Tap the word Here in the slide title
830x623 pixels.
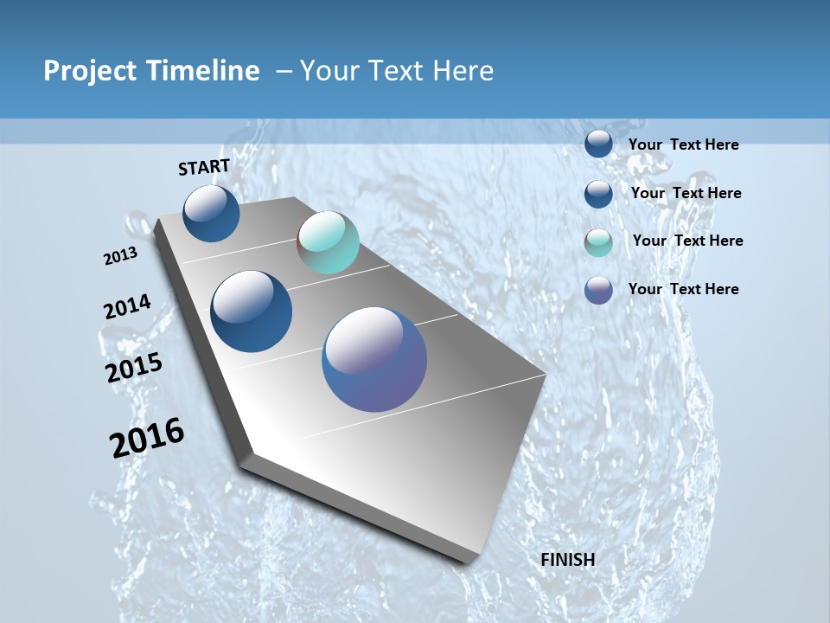point(463,71)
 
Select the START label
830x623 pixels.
point(204,167)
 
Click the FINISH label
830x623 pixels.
point(568,560)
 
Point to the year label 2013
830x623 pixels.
point(121,256)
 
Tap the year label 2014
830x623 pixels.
point(127,307)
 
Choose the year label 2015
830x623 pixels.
point(134,368)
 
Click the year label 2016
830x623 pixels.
point(147,438)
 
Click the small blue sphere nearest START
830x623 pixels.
point(211,214)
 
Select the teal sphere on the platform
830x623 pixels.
point(328,242)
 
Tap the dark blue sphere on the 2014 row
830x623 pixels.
point(252,311)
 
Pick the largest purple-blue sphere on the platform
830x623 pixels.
point(374,359)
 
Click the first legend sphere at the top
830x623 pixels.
point(598,144)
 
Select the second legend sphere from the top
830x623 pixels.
point(598,194)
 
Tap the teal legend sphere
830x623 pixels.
point(598,242)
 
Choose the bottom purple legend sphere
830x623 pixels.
point(598,290)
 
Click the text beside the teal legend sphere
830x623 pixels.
point(687,241)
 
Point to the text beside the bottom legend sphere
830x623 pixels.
point(683,289)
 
